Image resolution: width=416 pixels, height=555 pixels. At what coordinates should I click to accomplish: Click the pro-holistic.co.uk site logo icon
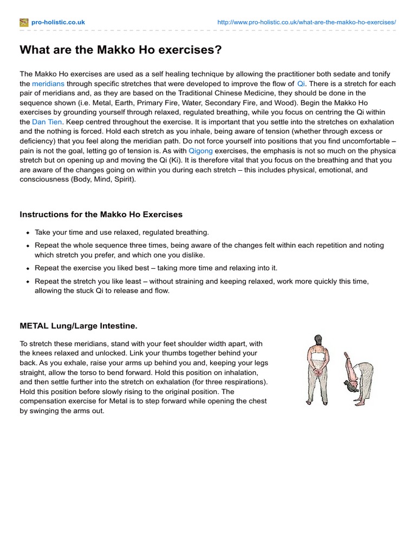pyautogui.click(x=24, y=22)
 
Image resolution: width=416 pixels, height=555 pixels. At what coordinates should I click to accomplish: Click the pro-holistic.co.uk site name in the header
pyautogui.click(x=58, y=22)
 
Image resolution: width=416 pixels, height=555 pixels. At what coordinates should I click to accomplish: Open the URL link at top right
pyautogui.click(x=306, y=22)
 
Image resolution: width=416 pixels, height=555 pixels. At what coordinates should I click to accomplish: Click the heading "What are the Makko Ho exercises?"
pyautogui.click(x=121, y=50)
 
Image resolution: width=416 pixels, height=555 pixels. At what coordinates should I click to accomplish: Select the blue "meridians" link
pyautogui.click(x=48, y=84)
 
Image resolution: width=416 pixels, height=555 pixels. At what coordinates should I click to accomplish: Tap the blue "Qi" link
pyautogui.click(x=301, y=84)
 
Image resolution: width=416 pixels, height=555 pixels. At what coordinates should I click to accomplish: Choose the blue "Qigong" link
pyautogui.click(x=200, y=151)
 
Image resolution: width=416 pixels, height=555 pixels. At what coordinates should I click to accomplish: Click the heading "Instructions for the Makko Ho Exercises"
pyautogui.click(x=101, y=215)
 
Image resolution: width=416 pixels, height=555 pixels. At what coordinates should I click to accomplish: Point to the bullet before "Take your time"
pyautogui.click(x=28, y=233)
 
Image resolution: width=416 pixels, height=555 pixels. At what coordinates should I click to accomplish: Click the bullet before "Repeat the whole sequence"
pyautogui.click(x=28, y=246)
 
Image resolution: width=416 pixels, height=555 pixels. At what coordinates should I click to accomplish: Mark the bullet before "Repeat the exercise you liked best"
pyautogui.click(x=28, y=269)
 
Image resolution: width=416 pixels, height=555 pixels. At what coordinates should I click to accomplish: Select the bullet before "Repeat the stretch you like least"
pyautogui.click(x=28, y=282)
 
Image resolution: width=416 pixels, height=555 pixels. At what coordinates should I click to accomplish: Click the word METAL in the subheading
pyautogui.click(x=34, y=326)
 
